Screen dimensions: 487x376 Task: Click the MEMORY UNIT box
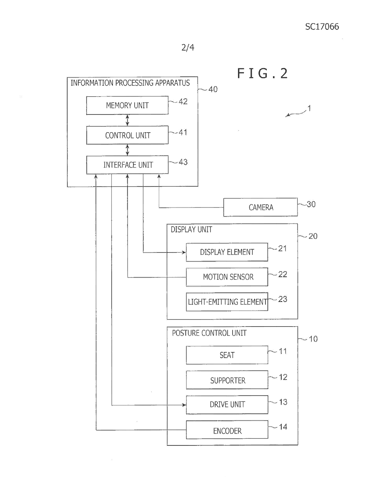[x=127, y=105]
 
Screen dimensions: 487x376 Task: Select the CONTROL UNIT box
[x=127, y=135]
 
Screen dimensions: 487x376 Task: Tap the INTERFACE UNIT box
[x=127, y=165]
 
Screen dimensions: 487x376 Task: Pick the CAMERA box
[x=260, y=207]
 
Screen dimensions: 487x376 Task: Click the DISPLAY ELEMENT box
[x=227, y=252]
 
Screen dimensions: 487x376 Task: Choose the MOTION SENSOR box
[x=227, y=277]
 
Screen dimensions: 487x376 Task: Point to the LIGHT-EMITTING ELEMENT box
[x=227, y=302]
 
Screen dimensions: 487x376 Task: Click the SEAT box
[x=227, y=355]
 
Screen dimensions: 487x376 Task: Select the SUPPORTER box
[x=227, y=380]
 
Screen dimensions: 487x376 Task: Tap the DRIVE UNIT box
[x=227, y=405]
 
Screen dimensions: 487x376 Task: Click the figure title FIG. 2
[x=262, y=73]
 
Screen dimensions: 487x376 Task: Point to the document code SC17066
[x=322, y=27]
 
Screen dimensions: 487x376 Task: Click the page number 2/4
[x=188, y=48]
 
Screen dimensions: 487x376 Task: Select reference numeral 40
[x=213, y=89]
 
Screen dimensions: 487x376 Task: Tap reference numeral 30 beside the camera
[x=311, y=204]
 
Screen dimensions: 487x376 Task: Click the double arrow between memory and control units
[x=127, y=120]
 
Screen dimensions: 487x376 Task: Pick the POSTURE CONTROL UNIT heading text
[x=209, y=333]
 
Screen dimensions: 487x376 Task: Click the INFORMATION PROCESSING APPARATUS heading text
[x=130, y=83]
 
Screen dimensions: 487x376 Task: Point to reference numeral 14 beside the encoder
[x=283, y=427]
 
